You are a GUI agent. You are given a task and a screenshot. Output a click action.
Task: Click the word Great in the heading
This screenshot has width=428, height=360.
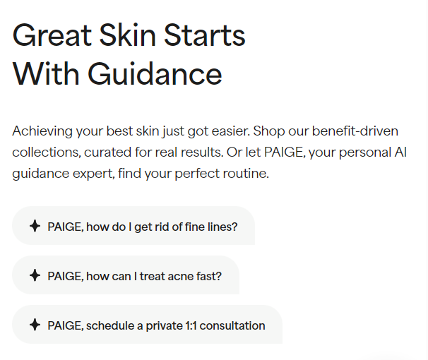[52, 35]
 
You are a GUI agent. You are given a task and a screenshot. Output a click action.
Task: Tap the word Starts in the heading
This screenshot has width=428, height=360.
[205, 35]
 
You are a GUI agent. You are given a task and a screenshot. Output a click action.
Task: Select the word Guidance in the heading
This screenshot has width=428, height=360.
[155, 73]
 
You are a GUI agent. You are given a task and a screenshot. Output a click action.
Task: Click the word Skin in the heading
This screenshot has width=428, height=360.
[128, 35]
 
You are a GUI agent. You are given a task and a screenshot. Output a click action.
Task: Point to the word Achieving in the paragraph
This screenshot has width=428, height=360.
[42, 131]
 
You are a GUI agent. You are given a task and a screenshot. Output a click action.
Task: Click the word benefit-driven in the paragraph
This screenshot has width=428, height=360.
[355, 131]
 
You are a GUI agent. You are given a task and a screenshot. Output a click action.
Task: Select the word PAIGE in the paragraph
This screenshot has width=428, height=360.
[285, 152]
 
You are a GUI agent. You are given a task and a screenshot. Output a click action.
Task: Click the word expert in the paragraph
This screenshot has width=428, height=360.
[94, 174]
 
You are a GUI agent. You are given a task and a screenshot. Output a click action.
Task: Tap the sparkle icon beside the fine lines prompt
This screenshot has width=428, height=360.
[35, 226]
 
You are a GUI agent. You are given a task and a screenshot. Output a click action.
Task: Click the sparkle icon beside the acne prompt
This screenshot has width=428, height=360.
[35, 275]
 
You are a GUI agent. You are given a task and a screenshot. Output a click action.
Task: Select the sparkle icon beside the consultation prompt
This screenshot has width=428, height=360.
[35, 325]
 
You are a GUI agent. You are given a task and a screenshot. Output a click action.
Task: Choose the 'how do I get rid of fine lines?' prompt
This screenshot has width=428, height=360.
[133, 226]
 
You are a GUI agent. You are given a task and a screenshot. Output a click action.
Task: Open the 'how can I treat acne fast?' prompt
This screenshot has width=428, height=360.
[126, 275]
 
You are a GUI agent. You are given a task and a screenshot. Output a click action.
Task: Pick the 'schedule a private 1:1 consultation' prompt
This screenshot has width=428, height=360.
[147, 325]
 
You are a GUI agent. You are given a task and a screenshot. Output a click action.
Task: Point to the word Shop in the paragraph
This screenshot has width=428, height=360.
[269, 131]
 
